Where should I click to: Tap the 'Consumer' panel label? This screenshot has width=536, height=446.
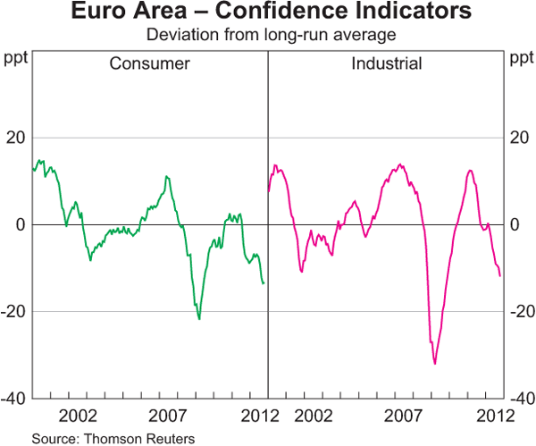[x=149, y=64]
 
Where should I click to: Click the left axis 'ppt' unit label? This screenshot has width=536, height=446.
[x=16, y=60]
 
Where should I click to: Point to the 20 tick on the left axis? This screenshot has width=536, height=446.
[x=16, y=138]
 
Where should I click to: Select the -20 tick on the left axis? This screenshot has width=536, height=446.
[x=14, y=311]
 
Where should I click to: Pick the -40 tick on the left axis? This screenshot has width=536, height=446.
[x=14, y=398]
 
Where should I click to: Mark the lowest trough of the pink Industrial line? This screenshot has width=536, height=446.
[x=435, y=364]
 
